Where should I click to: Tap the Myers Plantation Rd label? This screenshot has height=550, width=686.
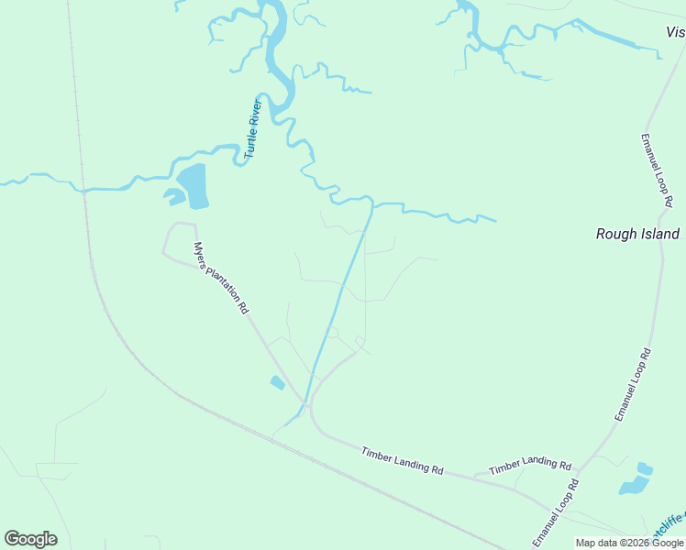[x=221, y=278]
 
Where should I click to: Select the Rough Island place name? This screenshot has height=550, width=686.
[x=637, y=234]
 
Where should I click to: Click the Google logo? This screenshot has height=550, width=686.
[x=30, y=539]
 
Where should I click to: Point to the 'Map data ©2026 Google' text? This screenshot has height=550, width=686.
[x=630, y=543]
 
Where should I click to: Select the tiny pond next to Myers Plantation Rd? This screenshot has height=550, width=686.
[x=277, y=382]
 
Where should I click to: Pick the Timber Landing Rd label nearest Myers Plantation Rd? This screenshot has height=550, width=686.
[x=402, y=459]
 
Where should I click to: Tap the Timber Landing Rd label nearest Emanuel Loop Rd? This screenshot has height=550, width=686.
[x=530, y=466]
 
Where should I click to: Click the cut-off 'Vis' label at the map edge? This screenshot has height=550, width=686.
[x=675, y=32]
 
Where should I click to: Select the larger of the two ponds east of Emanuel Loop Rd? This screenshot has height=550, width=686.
[x=634, y=486]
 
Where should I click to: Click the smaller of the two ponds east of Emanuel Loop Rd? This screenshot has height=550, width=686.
[x=645, y=469]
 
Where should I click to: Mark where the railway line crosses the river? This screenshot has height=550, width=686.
[x=83, y=191]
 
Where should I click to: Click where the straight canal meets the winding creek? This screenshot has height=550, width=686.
[x=372, y=203]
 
